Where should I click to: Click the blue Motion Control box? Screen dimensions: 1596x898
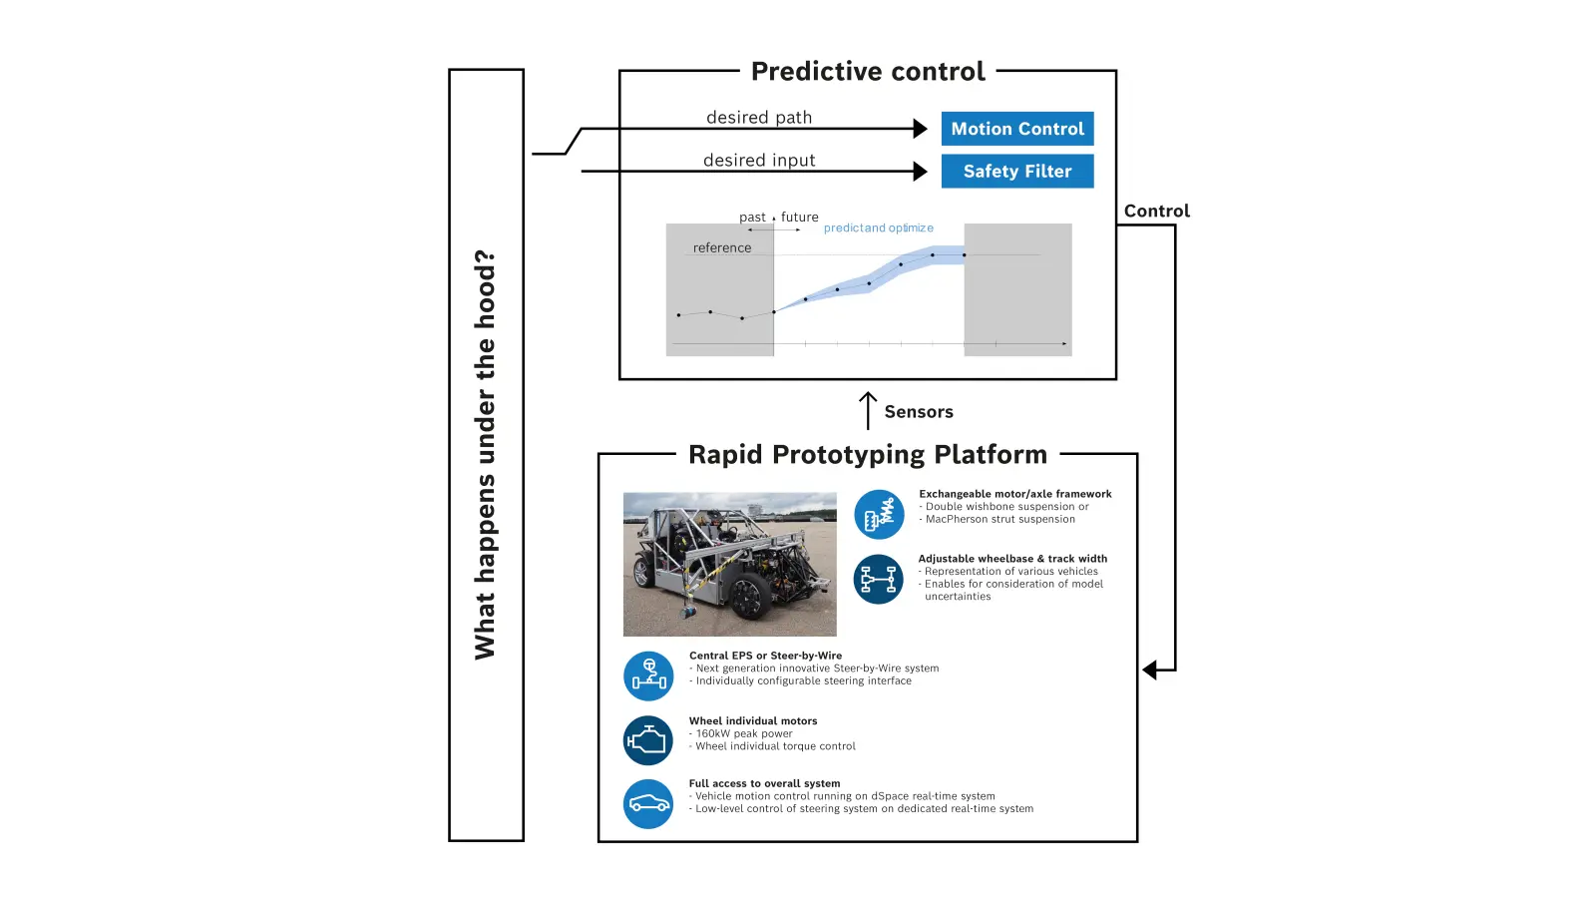[x=1016, y=129]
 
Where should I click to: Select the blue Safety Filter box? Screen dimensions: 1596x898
[x=1016, y=171]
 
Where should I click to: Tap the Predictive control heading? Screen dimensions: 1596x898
[x=868, y=71]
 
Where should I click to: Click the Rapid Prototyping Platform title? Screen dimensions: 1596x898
[x=868, y=455]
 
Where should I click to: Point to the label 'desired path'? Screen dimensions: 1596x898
[x=759, y=118]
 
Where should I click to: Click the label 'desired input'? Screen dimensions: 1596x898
[x=759, y=161]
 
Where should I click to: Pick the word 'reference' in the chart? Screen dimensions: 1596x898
[x=722, y=248]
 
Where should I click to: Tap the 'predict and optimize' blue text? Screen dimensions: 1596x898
[x=879, y=228]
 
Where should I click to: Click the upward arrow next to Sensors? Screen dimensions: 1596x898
[x=867, y=410]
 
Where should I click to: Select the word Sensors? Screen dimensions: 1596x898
[x=919, y=412]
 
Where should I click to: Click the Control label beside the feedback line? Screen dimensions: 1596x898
[x=1156, y=211]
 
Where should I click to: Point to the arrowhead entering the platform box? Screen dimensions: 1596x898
[x=1149, y=670]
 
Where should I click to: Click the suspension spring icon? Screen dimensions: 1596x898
[x=879, y=515]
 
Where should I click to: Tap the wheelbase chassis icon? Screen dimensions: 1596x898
[x=879, y=580]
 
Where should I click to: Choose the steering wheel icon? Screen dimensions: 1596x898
[x=648, y=676]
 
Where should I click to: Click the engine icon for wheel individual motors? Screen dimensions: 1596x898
[x=648, y=740]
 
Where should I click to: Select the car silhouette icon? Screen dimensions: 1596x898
[x=648, y=804]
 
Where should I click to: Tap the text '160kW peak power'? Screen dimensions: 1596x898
[x=744, y=733]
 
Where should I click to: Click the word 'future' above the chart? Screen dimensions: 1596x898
[x=799, y=217]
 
